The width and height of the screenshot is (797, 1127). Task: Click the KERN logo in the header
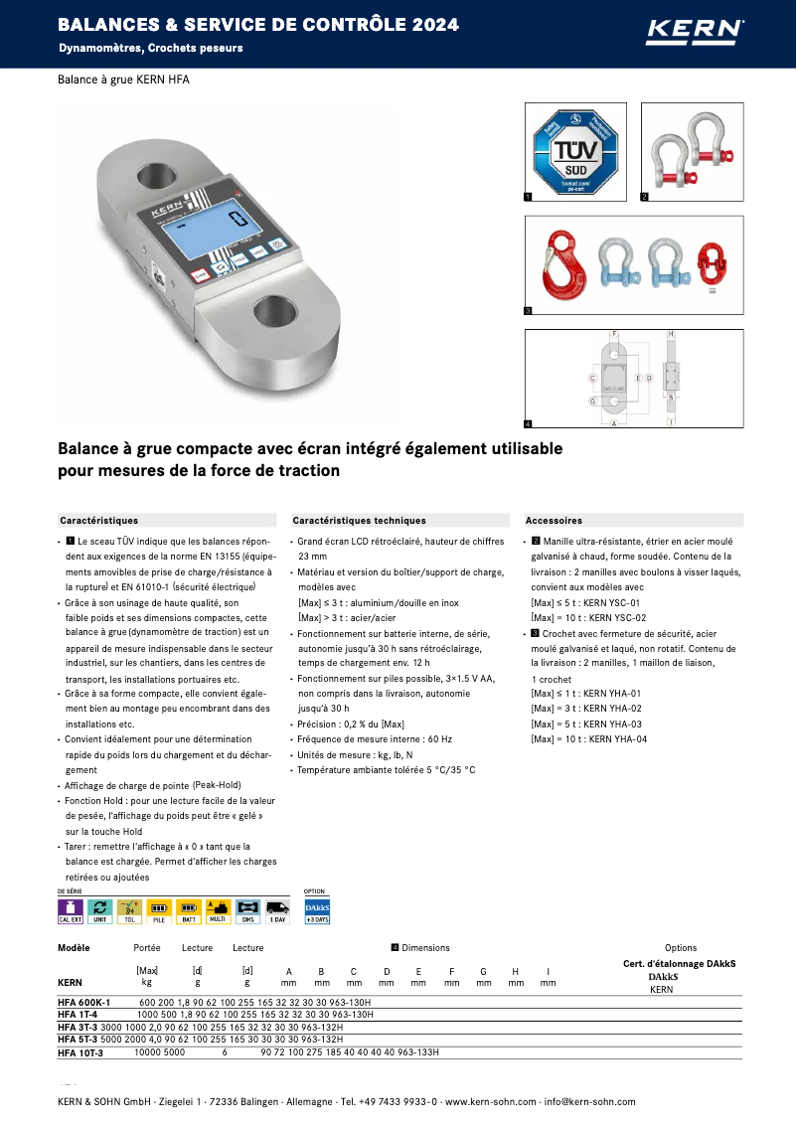pyautogui.click(x=695, y=31)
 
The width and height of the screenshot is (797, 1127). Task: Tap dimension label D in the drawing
pyautogui.click(x=649, y=379)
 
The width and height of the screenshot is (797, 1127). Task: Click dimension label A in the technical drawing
pyautogui.click(x=614, y=423)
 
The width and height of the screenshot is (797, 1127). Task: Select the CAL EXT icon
pyautogui.click(x=70, y=911)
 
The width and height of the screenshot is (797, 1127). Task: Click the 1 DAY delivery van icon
pyautogui.click(x=277, y=911)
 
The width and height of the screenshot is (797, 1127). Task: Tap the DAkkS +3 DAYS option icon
pyautogui.click(x=316, y=911)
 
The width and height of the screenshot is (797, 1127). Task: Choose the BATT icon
pyautogui.click(x=189, y=911)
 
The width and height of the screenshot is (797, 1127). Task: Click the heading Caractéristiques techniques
pyautogui.click(x=359, y=520)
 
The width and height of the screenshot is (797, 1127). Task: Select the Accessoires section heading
pyautogui.click(x=554, y=520)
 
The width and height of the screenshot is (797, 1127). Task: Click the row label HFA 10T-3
pyautogui.click(x=80, y=1051)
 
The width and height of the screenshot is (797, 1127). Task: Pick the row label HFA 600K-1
pyautogui.click(x=84, y=1002)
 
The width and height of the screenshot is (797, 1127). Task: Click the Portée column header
pyautogui.click(x=147, y=948)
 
